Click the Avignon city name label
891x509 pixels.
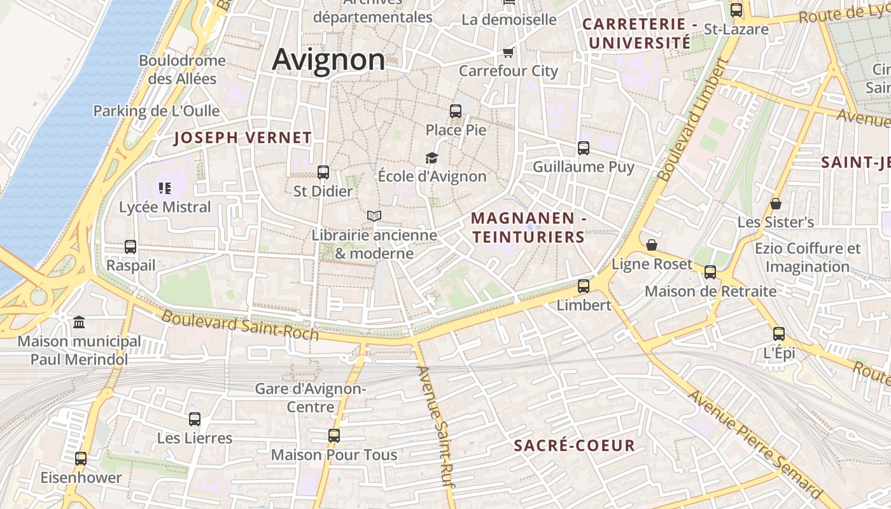point(328,60)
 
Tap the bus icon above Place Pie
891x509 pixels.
point(456,111)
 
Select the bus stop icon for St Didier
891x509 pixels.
point(323,172)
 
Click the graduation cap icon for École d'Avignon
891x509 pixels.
point(432,158)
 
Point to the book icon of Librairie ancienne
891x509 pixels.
point(374,216)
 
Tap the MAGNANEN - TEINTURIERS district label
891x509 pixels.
point(528,228)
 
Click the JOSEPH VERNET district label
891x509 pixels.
point(243,137)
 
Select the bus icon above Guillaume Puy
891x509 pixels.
point(584,148)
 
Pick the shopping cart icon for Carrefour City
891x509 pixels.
point(508,52)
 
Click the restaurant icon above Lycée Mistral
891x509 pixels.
point(165,188)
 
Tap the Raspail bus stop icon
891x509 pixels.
point(130,247)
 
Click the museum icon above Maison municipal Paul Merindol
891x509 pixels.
point(79,323)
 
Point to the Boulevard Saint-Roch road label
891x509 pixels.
point(240,324)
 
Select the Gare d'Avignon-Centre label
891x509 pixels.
point(311,397)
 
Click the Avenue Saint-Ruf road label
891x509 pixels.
point(436,428)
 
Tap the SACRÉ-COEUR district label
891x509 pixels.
point(574,445)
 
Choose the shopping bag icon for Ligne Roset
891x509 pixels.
point(652,245)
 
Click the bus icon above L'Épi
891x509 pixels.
point(779,334)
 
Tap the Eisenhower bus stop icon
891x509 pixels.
point(81,459)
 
